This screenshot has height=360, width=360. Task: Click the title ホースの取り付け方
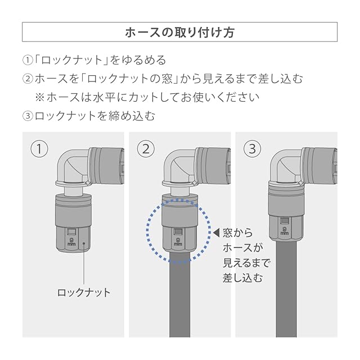(x=179, y=32)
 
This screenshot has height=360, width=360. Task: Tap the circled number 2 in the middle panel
(x=146, y=150)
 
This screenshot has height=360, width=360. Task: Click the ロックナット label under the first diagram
(x=84, y=292)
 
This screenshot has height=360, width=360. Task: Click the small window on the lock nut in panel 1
(x=71, y=232)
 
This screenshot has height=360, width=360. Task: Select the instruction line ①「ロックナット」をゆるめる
(x=94, y=60)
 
